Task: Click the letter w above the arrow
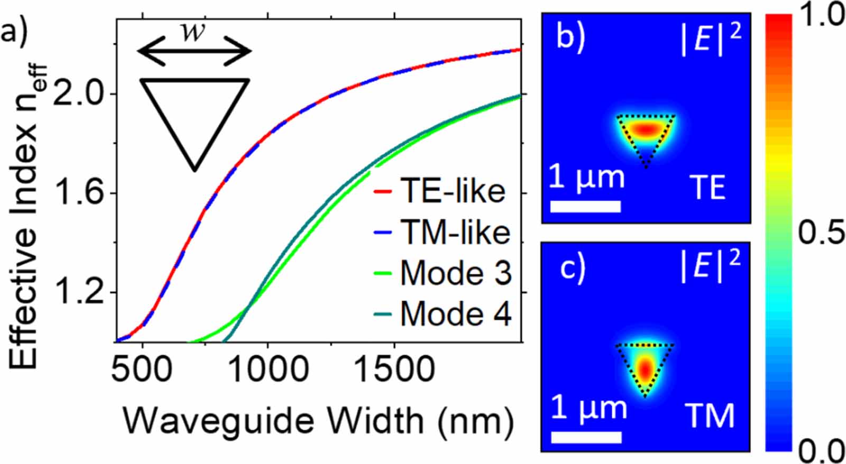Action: [x=192, y=33]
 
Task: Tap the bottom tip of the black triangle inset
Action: [x=195, y=170]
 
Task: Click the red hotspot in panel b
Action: [x=645, y=129]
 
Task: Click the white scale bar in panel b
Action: [x=585, y=206]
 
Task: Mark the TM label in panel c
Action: [x=710, y=416]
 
